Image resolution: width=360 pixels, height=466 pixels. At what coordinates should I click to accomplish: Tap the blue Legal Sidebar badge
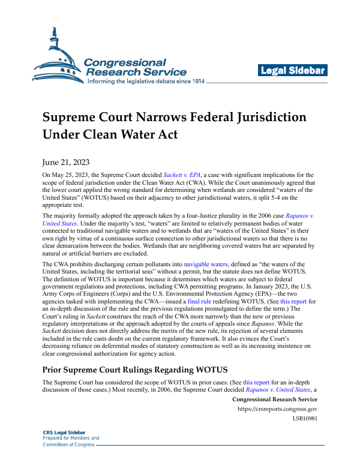293,71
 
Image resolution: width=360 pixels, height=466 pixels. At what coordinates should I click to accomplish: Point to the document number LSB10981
304,417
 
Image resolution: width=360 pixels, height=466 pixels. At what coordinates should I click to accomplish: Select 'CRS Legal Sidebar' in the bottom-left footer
64,432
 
